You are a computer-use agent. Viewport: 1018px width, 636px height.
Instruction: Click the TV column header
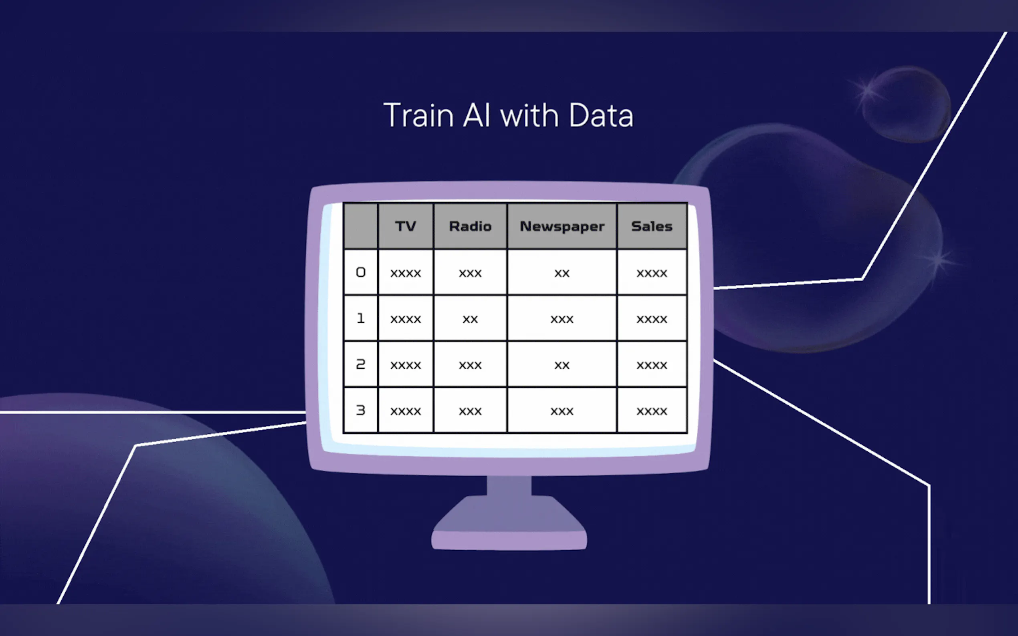point(406,226)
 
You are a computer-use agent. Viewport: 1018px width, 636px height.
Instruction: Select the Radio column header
point(470,226)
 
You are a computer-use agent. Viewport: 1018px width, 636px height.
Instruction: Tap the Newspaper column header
point(562,226)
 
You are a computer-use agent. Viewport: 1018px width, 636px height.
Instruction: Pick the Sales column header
point(652,226)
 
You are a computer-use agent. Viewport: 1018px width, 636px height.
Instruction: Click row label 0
point(361,272)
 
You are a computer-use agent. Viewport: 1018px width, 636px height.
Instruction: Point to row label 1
point(361,318)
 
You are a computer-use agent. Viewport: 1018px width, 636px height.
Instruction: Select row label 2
point(361,364)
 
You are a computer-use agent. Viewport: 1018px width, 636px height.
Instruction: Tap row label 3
point(361,410)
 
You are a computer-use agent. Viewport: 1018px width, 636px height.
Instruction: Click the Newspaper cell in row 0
point(562,273)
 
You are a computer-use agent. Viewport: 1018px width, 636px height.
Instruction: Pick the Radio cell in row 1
point(470,318)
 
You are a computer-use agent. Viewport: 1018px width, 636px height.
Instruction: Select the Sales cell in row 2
point(652,364)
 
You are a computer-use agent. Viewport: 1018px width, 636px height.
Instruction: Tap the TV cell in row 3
point(406,410)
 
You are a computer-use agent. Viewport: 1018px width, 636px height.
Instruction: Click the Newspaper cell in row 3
point(562,410)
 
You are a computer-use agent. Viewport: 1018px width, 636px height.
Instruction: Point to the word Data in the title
point(601,115)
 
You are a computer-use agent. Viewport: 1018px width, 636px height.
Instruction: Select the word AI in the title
point(477,115)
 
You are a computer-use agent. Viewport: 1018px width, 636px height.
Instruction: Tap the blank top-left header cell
point(361,226)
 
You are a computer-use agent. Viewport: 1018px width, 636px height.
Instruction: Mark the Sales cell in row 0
point(652,273)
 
